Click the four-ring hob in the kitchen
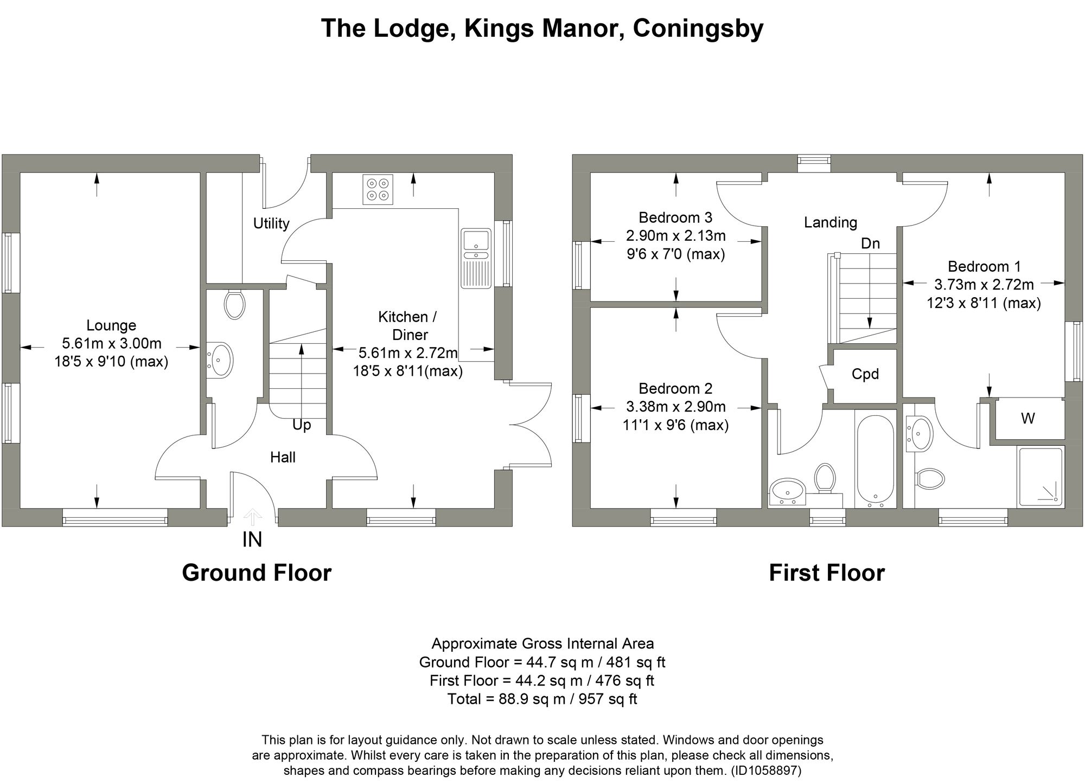coord(378,189)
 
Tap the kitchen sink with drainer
coord(476,258)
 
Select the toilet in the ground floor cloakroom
coord(234,305)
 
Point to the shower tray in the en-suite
coord(1040,477)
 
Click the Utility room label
coord(271,223)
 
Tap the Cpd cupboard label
coord(865,374)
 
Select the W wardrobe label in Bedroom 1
coord(1027,418)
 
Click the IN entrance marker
coord(252,540)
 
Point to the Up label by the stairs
coord(302,425)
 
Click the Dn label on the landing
coord(870,243)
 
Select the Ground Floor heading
coord(257,573)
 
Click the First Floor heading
coord(827,573)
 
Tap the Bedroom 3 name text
coord(675,217)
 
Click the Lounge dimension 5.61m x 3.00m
coord(112,343)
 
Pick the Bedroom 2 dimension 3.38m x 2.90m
coord(675,407)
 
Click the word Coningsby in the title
coord(698,28)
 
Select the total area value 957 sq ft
coord(604,699)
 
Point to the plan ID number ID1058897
coord(765,770)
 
